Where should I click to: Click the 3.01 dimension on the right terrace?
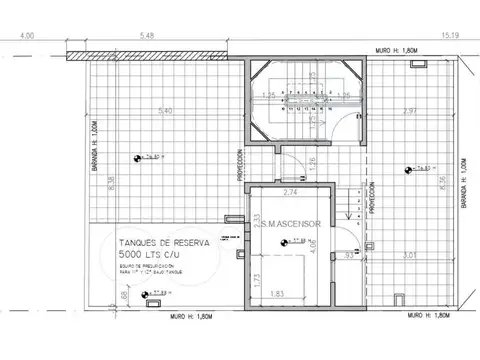click(409, 257)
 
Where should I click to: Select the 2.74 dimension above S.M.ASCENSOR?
click(291, 191)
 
